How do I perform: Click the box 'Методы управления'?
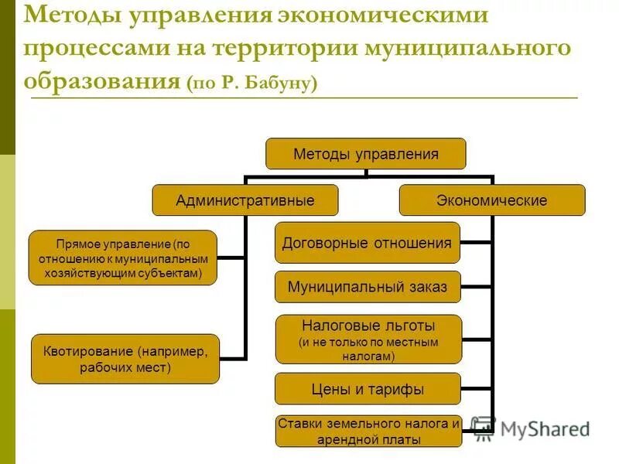tap(366, 154)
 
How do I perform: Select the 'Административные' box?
tap(245, 200)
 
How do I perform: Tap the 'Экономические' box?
tap(491, 200)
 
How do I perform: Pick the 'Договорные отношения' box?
tap(367, 243)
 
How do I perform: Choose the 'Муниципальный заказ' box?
tap(367, 287)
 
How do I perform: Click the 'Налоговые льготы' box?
tap(368, 339)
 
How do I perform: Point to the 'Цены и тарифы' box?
tap(368, 389)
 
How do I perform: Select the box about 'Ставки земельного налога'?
tap(368, 432)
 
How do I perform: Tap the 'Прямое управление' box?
tap(123, 258)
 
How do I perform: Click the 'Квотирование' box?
tap(125, 359)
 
